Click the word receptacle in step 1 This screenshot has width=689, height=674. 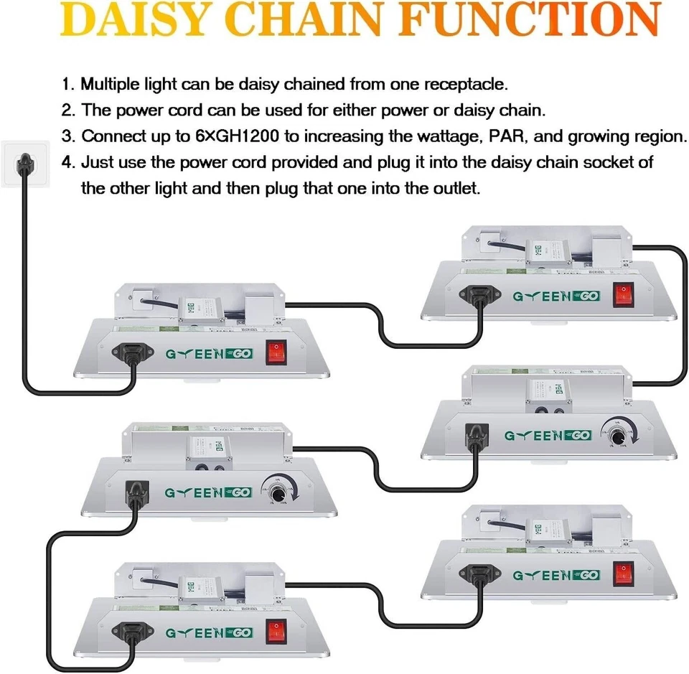464,84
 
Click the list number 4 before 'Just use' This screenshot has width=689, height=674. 67,162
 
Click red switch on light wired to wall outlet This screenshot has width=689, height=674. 278,353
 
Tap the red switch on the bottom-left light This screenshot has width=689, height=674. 278,631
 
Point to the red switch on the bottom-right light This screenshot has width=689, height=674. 624,574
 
